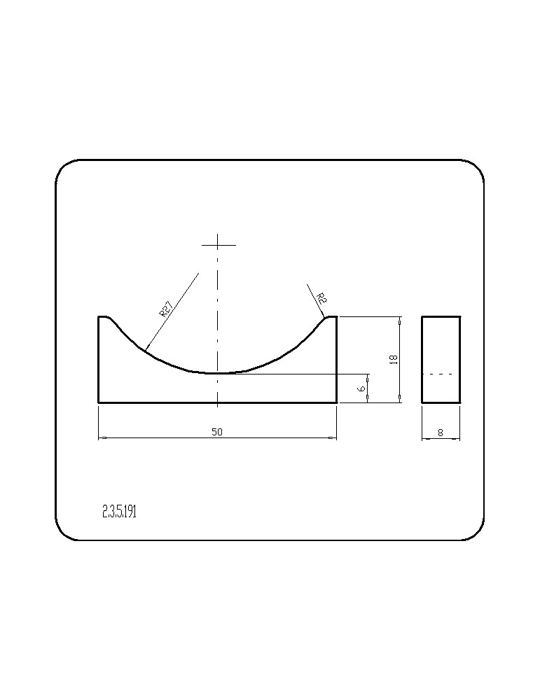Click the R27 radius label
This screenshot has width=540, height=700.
pyautogui.click(x=165, y=309)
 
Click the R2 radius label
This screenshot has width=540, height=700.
pyautogui.click(x=321, y=297)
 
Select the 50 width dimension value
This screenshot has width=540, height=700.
pyautogui.click(x=217, y=432)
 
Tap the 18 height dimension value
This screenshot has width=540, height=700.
pyautogui.click(x=394, y=359)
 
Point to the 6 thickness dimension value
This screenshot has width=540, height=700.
pyautogui.click(x=362, y=388)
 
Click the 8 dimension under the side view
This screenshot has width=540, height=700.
pyautogui.click(x=441, y=433)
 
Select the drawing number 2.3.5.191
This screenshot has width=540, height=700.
pyautogui.click(x=119, y=512)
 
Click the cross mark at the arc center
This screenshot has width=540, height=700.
pyautogui.click(x=218, y=244)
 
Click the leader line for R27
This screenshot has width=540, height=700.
pyautogui.click(x=172, y=311)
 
